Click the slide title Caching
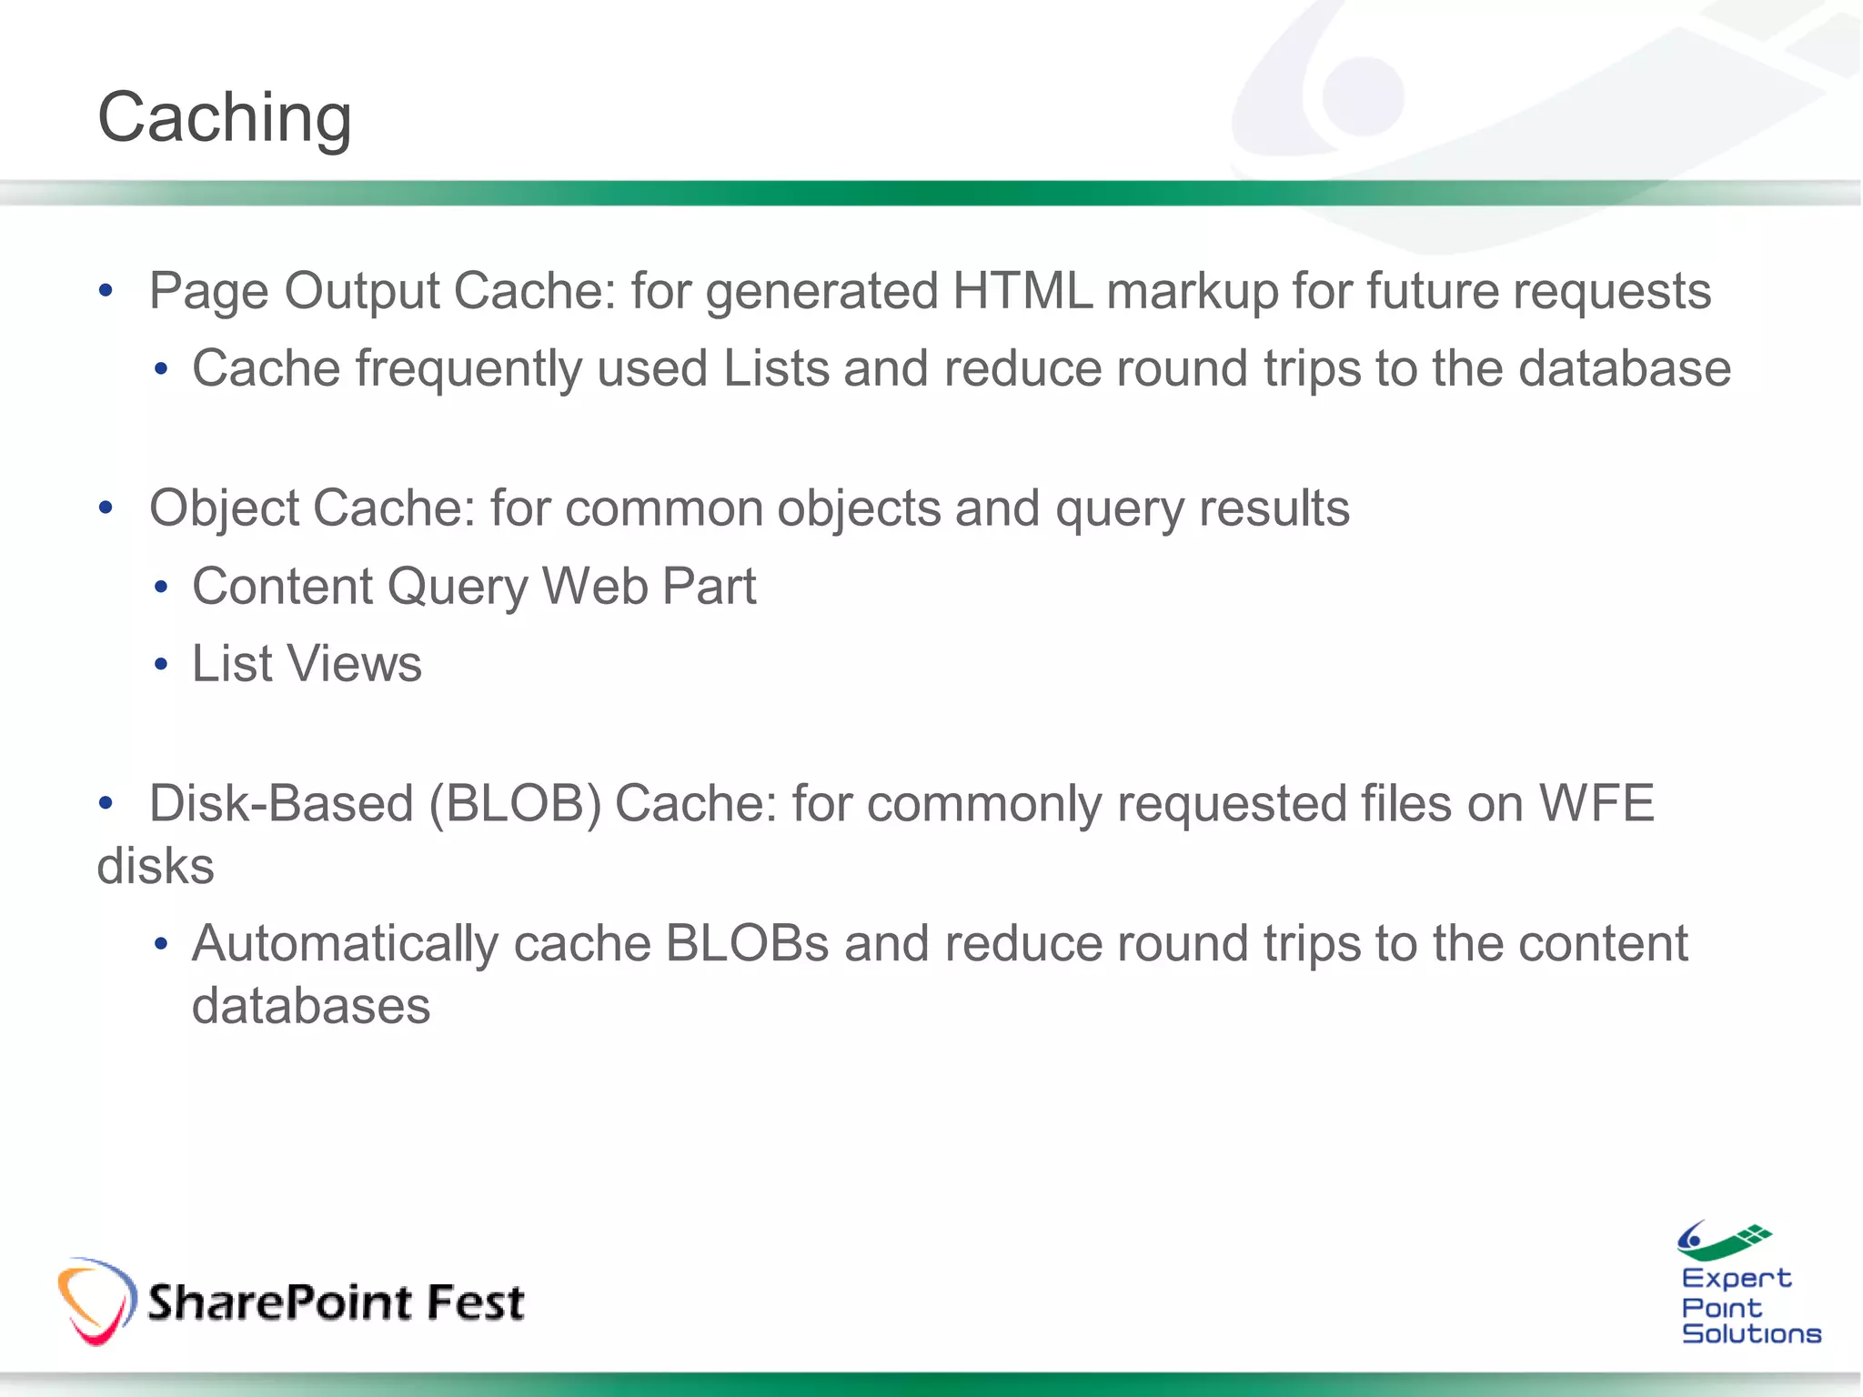224,118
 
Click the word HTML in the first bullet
1022,291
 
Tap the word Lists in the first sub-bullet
775,368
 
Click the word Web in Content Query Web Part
594,586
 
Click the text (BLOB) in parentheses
514,804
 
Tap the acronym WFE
1596,803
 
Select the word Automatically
345,944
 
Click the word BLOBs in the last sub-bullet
746,943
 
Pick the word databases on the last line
310,1006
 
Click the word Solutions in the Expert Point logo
1750,1333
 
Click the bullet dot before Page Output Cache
106,291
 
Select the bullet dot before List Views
161,664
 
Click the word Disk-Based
281,804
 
